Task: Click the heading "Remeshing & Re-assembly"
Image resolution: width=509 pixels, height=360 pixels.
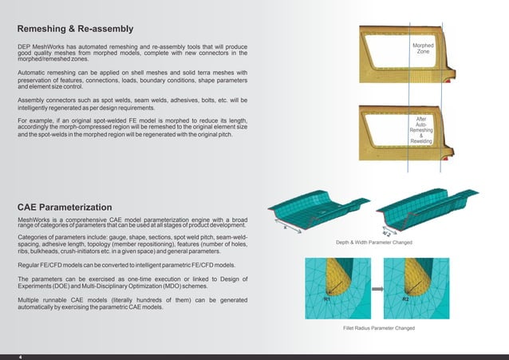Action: [75, 30]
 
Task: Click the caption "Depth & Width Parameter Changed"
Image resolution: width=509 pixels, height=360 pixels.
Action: [373, 242]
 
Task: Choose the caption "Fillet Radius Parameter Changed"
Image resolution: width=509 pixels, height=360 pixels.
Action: [373, 328]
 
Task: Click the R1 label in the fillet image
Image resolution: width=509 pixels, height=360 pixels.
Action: [327, 299]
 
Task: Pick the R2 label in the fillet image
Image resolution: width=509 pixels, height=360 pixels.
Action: [404, 299]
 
